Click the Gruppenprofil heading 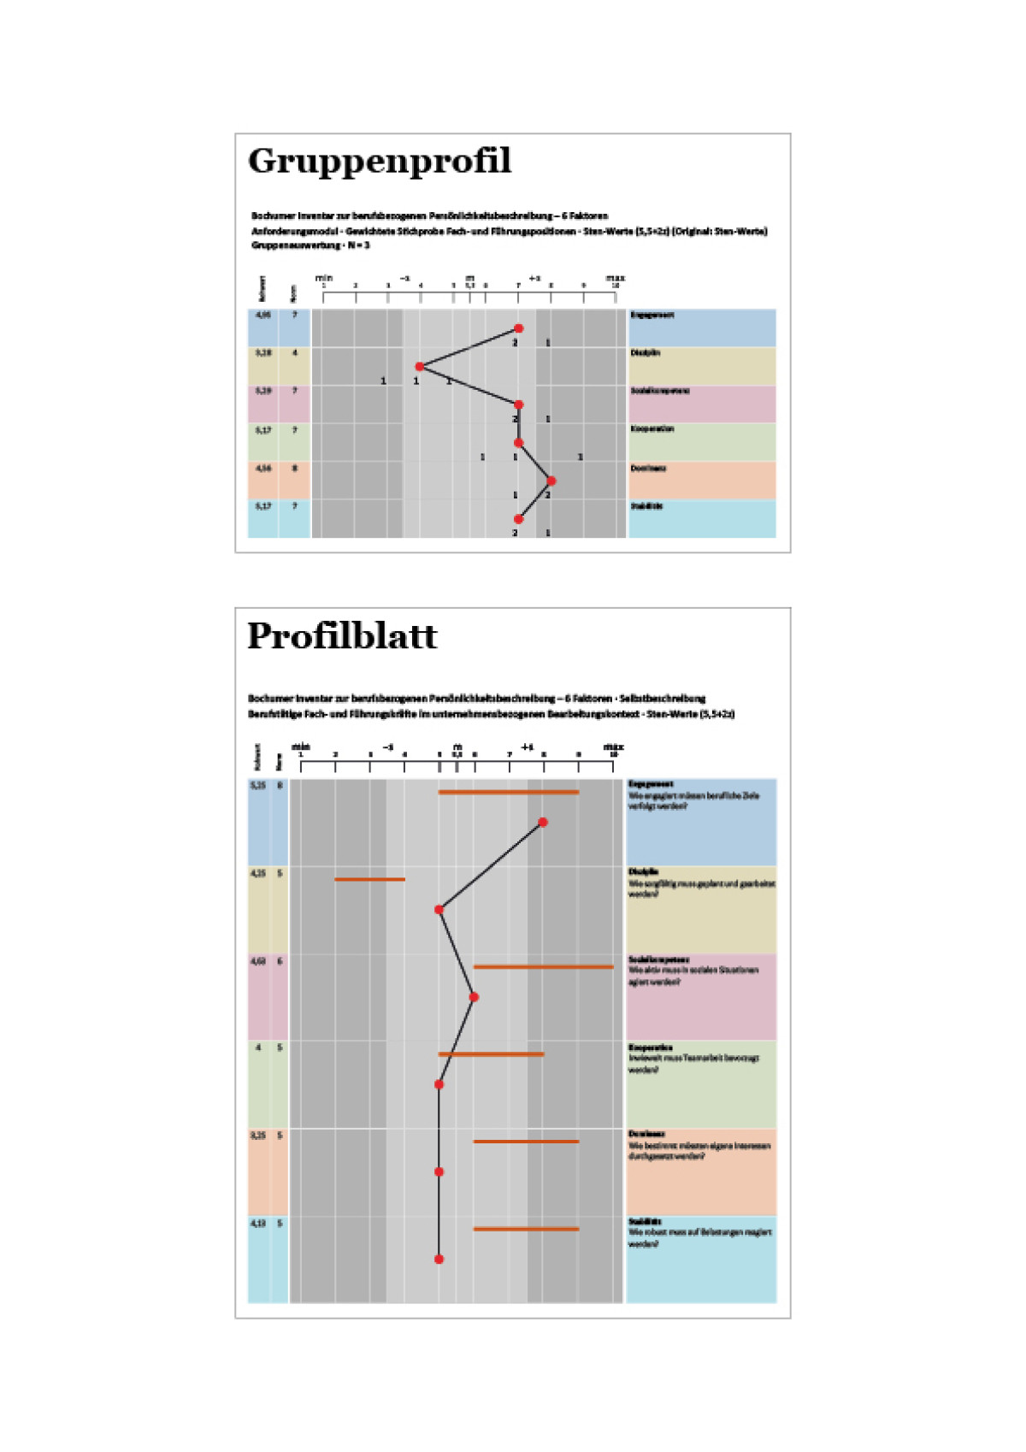[x=380, y=162]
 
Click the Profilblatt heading [x=342, y=636]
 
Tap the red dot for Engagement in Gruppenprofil [x=518, y=328]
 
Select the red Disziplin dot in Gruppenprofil [x=419, y=367]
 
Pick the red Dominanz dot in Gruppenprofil [x=551, y=481]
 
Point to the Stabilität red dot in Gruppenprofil [x=518, y=519]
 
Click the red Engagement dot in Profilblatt [x=543, y=823]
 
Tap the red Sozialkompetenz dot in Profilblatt [x=474, y=997]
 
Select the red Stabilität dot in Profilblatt [x=439, y=1259]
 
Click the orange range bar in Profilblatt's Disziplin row [x=369, y=879]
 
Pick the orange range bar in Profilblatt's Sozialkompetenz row [x=543, y=967]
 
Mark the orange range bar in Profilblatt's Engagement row [x=509, y=793]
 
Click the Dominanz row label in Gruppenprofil [x=647, y=469]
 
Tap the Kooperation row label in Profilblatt [x=651, y=1048]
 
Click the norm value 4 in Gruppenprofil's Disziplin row [x=295, y=352]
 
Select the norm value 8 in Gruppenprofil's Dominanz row [x=295, y=468]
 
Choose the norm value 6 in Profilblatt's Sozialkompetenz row [x=280, y=961]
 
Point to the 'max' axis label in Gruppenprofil [x=615, y=278]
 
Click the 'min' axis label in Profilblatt [x=301, y=747]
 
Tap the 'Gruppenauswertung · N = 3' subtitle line [x=310, y=245]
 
